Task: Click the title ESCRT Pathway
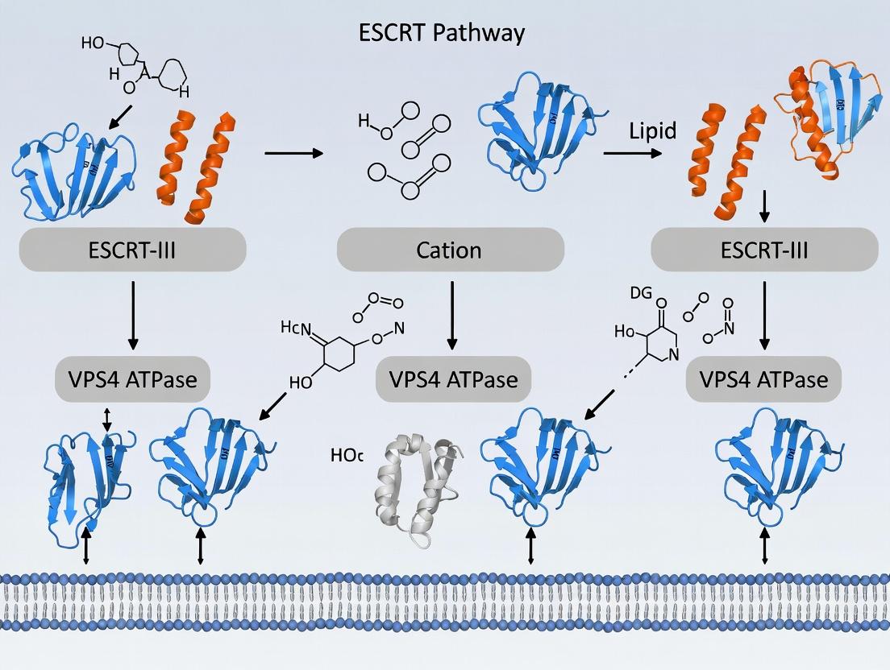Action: click(442, 33)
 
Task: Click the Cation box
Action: click(450, 250)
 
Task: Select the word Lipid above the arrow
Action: click(652, 131)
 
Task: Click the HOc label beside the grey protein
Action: click(347, 455)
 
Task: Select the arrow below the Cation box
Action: click(451, 315)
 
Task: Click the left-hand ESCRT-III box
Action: click(132, 250)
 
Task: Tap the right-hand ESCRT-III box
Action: click(763, 250)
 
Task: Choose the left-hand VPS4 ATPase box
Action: click(132, 378)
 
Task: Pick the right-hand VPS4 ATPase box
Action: click(763, 378)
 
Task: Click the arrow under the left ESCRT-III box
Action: click(131, 315)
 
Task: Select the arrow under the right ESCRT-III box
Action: click(763, 315)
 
